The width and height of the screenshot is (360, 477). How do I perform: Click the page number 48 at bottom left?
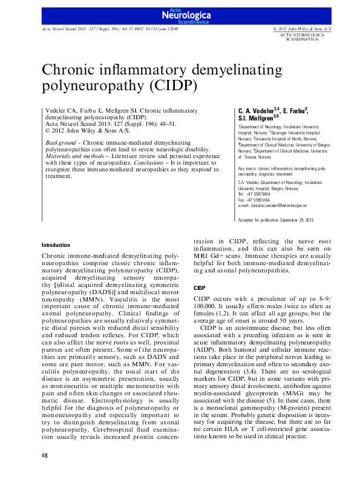pyautogui.click(x=45, y=455)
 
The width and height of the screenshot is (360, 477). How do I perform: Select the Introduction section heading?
pyautogui.click(x=56, y=245)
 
